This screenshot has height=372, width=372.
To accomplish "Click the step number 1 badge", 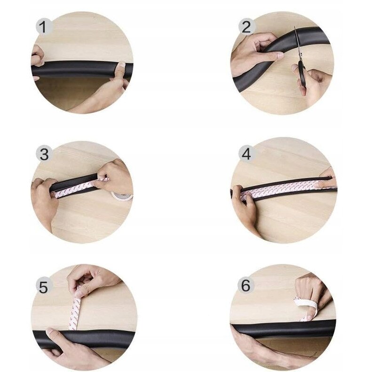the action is point(44,27).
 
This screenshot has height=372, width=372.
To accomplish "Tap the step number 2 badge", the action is point(246,26).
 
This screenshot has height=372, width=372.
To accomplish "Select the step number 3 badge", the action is point(44,153).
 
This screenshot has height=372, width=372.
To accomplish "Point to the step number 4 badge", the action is point(246,153).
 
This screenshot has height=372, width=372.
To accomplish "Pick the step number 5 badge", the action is point(44,286).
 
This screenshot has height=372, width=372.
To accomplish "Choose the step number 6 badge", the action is point(246,285).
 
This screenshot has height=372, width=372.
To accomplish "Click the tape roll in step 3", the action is point(122,196).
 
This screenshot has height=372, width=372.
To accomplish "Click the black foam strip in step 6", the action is point(284,329).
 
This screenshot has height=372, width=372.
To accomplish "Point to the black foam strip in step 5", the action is point(84,338).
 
